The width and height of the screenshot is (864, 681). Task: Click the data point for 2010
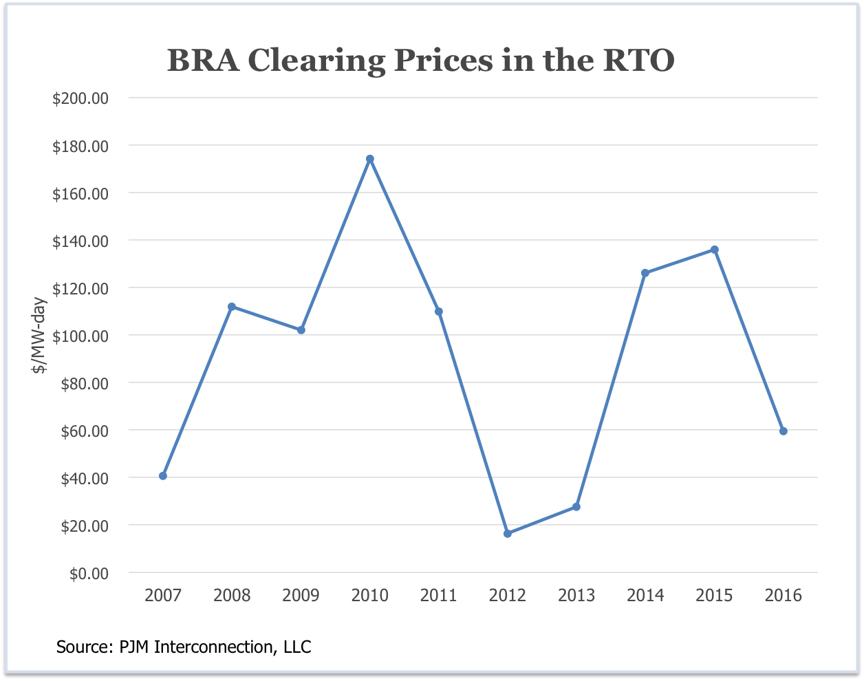coord(369,159)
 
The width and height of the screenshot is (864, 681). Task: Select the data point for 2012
coord(508,534)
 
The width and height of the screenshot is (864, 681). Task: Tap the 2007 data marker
coord(163,476)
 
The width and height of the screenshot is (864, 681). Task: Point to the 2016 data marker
coord(783,431)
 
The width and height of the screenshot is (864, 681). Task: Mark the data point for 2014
coord(645,273)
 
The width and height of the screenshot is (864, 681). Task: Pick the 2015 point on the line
coord(715,250)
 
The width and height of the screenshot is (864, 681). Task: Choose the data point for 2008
coord(232,307)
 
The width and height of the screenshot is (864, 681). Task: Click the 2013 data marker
coord(576,507)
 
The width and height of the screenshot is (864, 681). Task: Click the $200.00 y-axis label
coord(80,98)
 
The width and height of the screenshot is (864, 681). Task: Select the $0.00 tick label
coord(89,573)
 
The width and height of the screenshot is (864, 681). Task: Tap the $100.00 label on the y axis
coord(80,336)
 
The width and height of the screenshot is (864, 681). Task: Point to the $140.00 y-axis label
coord(80,241)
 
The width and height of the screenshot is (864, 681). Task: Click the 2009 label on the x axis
coord(301,595)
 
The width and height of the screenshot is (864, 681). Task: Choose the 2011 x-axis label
coord(438,595)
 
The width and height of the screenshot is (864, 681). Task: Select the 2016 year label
coord(783,595)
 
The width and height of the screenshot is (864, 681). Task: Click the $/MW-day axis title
coord(40,335)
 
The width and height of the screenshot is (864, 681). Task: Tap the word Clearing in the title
coord(316,61)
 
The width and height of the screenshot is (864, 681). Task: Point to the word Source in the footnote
coord(79,647)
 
